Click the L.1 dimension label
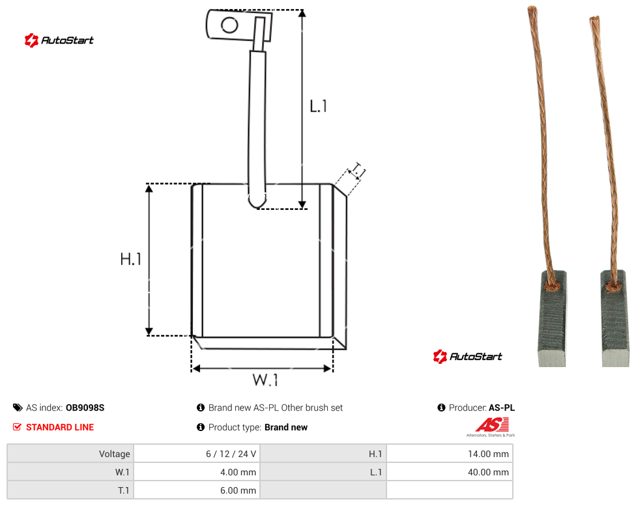[x=319, y=106]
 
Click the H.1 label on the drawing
[x=130, y=259]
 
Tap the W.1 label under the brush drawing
[x=265, y=379]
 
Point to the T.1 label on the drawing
[x=358, y=171]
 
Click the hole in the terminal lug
[x=229, y=25]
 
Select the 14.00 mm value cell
[x=450, y=454]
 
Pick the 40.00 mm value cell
[x=450, y=472]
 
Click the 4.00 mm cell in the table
[x=197, y=472]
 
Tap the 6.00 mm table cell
[x=197, y=490]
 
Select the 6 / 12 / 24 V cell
[x=197, y=454]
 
